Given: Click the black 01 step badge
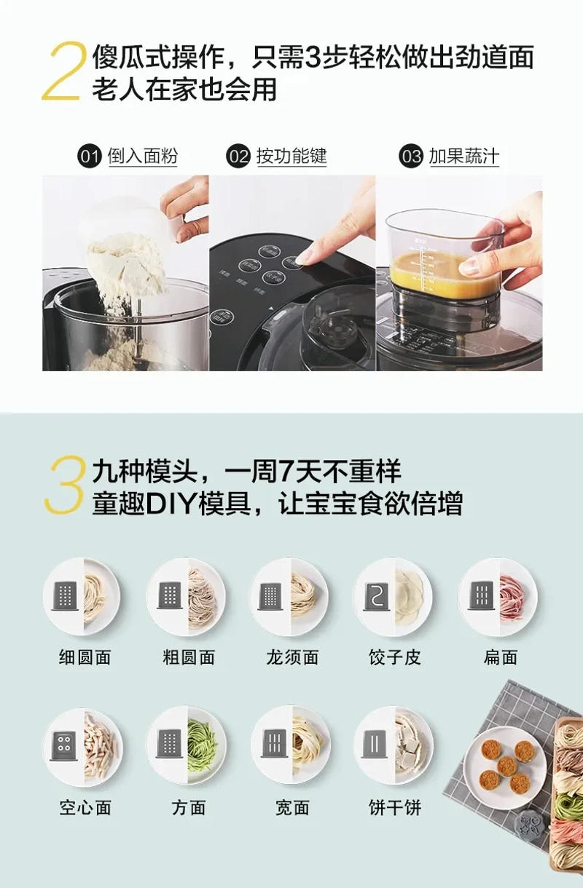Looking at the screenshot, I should [90, 156].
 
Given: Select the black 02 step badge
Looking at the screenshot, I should [238, 156].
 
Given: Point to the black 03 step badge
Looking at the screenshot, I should [411, 156].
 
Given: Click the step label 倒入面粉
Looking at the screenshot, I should [143, 156].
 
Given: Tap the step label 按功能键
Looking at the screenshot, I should [291, 156].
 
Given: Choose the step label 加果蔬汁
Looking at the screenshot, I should [464, 156].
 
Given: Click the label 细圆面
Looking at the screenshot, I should [85, 658].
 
